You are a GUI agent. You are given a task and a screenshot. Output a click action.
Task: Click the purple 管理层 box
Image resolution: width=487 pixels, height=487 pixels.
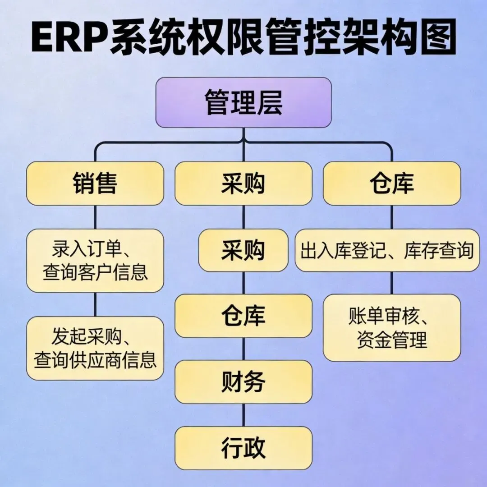[x=243, y=102]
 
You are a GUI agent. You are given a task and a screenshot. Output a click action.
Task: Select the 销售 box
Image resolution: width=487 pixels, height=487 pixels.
[x=95, y=184]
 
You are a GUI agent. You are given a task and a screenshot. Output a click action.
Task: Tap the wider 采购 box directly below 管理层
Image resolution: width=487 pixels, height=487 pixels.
[x=243, y=184]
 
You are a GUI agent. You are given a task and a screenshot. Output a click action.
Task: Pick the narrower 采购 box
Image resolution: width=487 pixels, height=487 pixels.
[x=243, y=250]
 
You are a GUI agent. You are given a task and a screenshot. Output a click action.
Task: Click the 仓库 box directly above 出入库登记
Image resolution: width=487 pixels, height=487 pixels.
[x=392, y=184]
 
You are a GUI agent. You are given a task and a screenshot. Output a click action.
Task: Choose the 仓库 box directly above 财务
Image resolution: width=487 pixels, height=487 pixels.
[x=243, y=316]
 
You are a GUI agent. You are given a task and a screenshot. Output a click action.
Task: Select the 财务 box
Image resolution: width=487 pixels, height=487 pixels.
[x=243, y=382]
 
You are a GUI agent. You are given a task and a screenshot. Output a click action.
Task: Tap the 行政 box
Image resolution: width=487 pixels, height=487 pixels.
[x=243, y=448]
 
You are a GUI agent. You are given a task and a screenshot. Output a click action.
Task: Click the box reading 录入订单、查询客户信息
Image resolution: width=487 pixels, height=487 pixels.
[x=95, y=261]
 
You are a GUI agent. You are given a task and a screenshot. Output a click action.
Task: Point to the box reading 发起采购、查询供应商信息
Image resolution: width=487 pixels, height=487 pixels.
[x=95, y=348]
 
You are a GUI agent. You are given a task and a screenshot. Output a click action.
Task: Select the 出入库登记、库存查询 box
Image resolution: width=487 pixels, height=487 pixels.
[x=387, y=250]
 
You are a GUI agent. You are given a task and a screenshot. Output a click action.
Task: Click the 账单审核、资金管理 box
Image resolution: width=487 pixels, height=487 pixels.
[x=392, y=328]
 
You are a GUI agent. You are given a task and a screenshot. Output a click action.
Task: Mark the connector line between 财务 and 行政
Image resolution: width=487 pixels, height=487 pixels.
[x=243, y=415]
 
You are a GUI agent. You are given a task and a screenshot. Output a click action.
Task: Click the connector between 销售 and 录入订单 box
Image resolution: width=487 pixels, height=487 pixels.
[x=95, y=217]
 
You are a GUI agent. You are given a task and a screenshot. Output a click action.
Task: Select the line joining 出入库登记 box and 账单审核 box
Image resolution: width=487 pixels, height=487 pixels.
[x=392, y=283]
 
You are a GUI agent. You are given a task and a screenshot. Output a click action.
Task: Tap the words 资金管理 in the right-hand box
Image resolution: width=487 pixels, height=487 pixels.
[x=392, y=340]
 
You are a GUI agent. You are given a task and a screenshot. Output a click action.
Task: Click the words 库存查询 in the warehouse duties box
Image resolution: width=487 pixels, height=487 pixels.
[x=438, y=251]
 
